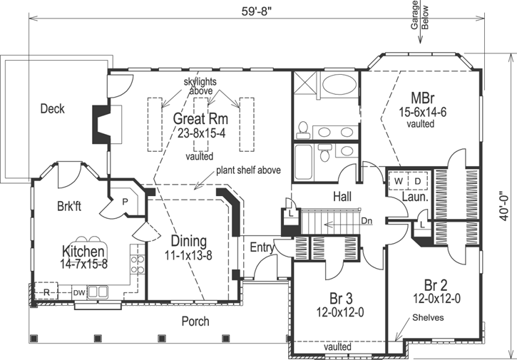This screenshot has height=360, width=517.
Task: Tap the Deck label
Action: (52, 109)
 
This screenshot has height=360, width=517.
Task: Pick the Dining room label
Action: (189, 240)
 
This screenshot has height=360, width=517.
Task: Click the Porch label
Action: (194, 322)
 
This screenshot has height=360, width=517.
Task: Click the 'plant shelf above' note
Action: (248, 171)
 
